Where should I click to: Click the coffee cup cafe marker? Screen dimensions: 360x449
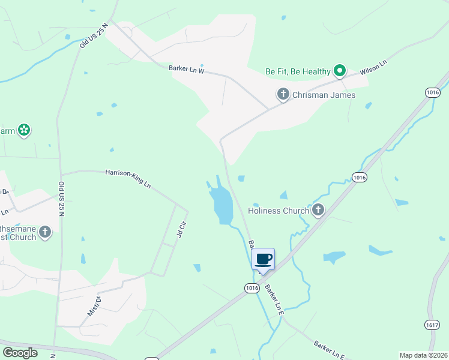tap(264, 260)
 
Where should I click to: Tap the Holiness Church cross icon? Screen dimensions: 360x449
tap(318, 210)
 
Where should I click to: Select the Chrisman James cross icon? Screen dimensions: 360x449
tap(283, 94)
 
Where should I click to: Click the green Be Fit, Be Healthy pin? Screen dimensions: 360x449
tap(339, 71)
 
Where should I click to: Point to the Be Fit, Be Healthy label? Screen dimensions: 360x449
tap(298, 71)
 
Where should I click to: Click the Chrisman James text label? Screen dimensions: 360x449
tap(324, 95)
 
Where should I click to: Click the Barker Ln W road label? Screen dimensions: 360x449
tap(187, 70)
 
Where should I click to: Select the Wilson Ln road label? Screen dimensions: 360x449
tap(373, 66)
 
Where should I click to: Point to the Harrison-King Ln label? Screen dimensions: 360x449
tap(128, 178)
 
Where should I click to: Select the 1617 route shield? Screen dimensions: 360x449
tap(432, 325)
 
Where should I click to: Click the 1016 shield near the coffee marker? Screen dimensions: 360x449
tap(252, 289)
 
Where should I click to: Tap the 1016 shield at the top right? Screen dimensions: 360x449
tap(432, 92)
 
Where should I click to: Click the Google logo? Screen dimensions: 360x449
tap(20, 353)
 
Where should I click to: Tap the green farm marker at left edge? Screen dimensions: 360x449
tap(23, 130)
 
